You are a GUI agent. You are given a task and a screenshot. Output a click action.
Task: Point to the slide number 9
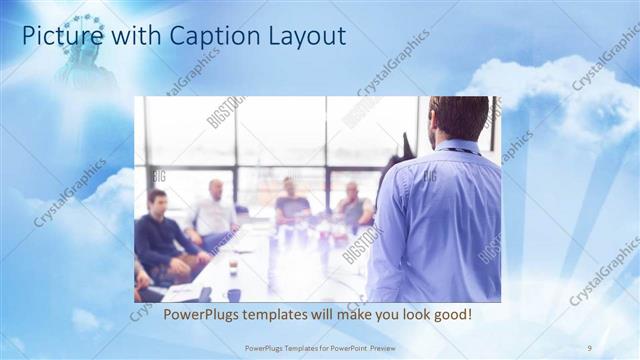pos(589,347)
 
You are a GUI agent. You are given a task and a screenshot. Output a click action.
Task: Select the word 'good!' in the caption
pos(452,316)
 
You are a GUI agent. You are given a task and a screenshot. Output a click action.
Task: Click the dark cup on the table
pos(234,294)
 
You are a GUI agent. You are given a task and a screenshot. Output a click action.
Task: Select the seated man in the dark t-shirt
pos(291,205)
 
